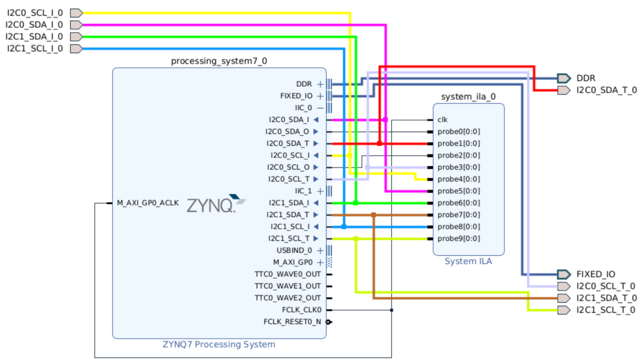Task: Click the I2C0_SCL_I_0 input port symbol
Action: [76, 13]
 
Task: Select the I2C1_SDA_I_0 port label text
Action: [34, 36]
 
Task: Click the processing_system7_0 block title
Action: [219, 61]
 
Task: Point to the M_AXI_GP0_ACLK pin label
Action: [148, 203]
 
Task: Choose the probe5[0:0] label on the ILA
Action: [458, 191]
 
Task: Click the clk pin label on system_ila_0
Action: [442, 120]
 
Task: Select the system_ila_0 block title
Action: [468, 97]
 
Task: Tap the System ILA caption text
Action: [468, 261]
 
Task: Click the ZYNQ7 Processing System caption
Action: [219, 344]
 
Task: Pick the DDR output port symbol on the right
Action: [564, 78]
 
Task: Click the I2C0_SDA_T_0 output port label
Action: [607, 90]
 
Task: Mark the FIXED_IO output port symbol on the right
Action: [564, 274]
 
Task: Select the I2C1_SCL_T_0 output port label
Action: [606, 310]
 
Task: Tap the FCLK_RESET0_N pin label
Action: [292, 322]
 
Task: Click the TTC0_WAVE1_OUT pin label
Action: [288, 286]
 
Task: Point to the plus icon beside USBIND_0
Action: [320, 251]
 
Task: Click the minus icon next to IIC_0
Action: [320, 108]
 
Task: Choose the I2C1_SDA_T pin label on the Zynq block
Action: [288, 215]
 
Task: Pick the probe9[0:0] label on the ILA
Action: [458, 239]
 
